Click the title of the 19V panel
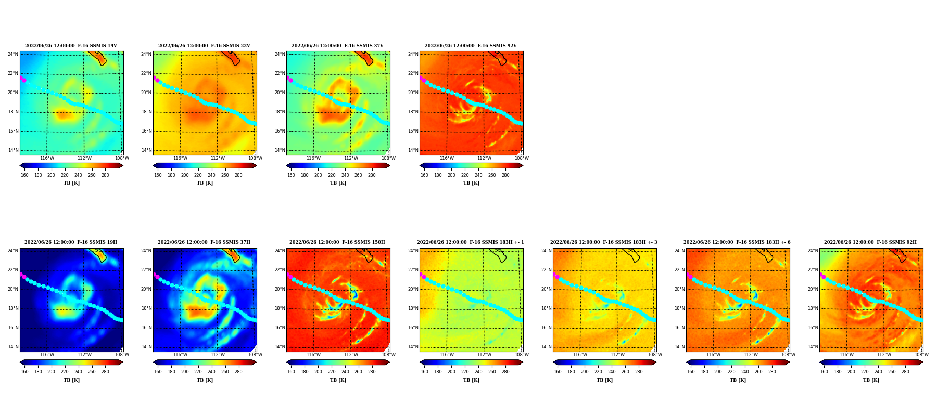[x=71, y=46]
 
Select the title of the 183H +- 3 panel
[x=604, y=242]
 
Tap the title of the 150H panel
[x=337, y=242]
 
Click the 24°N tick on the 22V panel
[x=146, y=54]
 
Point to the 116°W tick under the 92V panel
[x=447, y=158]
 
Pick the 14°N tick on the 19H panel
[x=13, y=347]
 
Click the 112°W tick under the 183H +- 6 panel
[x=751, y=355]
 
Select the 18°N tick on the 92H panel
[x=813, y=308]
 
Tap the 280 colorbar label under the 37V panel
[x=372, y=175]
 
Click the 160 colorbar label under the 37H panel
[x=158, y=372]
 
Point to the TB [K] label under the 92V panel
[x=471, y=183]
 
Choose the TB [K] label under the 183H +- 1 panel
[x=471, y=380]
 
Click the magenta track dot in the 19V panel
[x=24, y=80]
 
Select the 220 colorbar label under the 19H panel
[x=65, y=372]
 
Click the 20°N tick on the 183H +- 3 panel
[x=546, y=289]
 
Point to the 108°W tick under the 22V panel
[x=255, y=158]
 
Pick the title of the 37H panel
[x=204, y=242]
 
